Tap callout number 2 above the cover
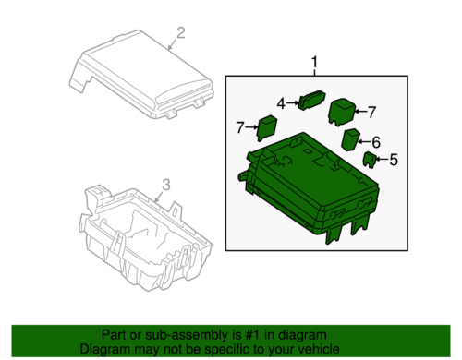coord(181,34)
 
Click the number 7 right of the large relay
coord(372,112)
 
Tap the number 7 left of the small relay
coord(240,126)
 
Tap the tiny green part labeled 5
coord(368,159)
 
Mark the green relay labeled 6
coord(352,139)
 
